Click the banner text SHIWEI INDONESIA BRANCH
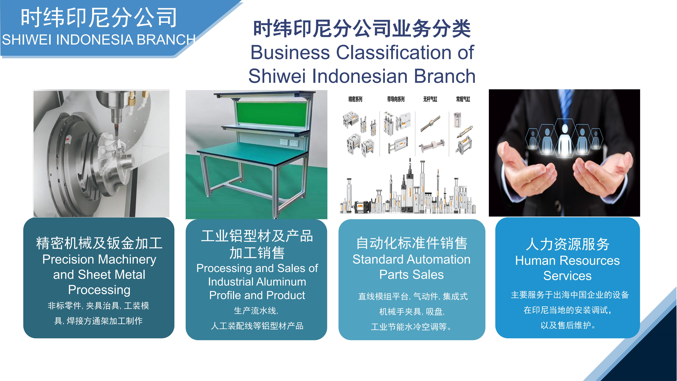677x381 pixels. tap(99, 40)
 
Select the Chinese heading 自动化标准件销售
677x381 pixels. tap(412, 243)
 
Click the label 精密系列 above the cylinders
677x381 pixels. tap(355, 99)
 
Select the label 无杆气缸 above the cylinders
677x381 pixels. tap(430, 99)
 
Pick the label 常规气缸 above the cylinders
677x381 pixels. tap(463, 99)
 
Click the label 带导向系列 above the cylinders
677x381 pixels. tap(396, 99)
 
